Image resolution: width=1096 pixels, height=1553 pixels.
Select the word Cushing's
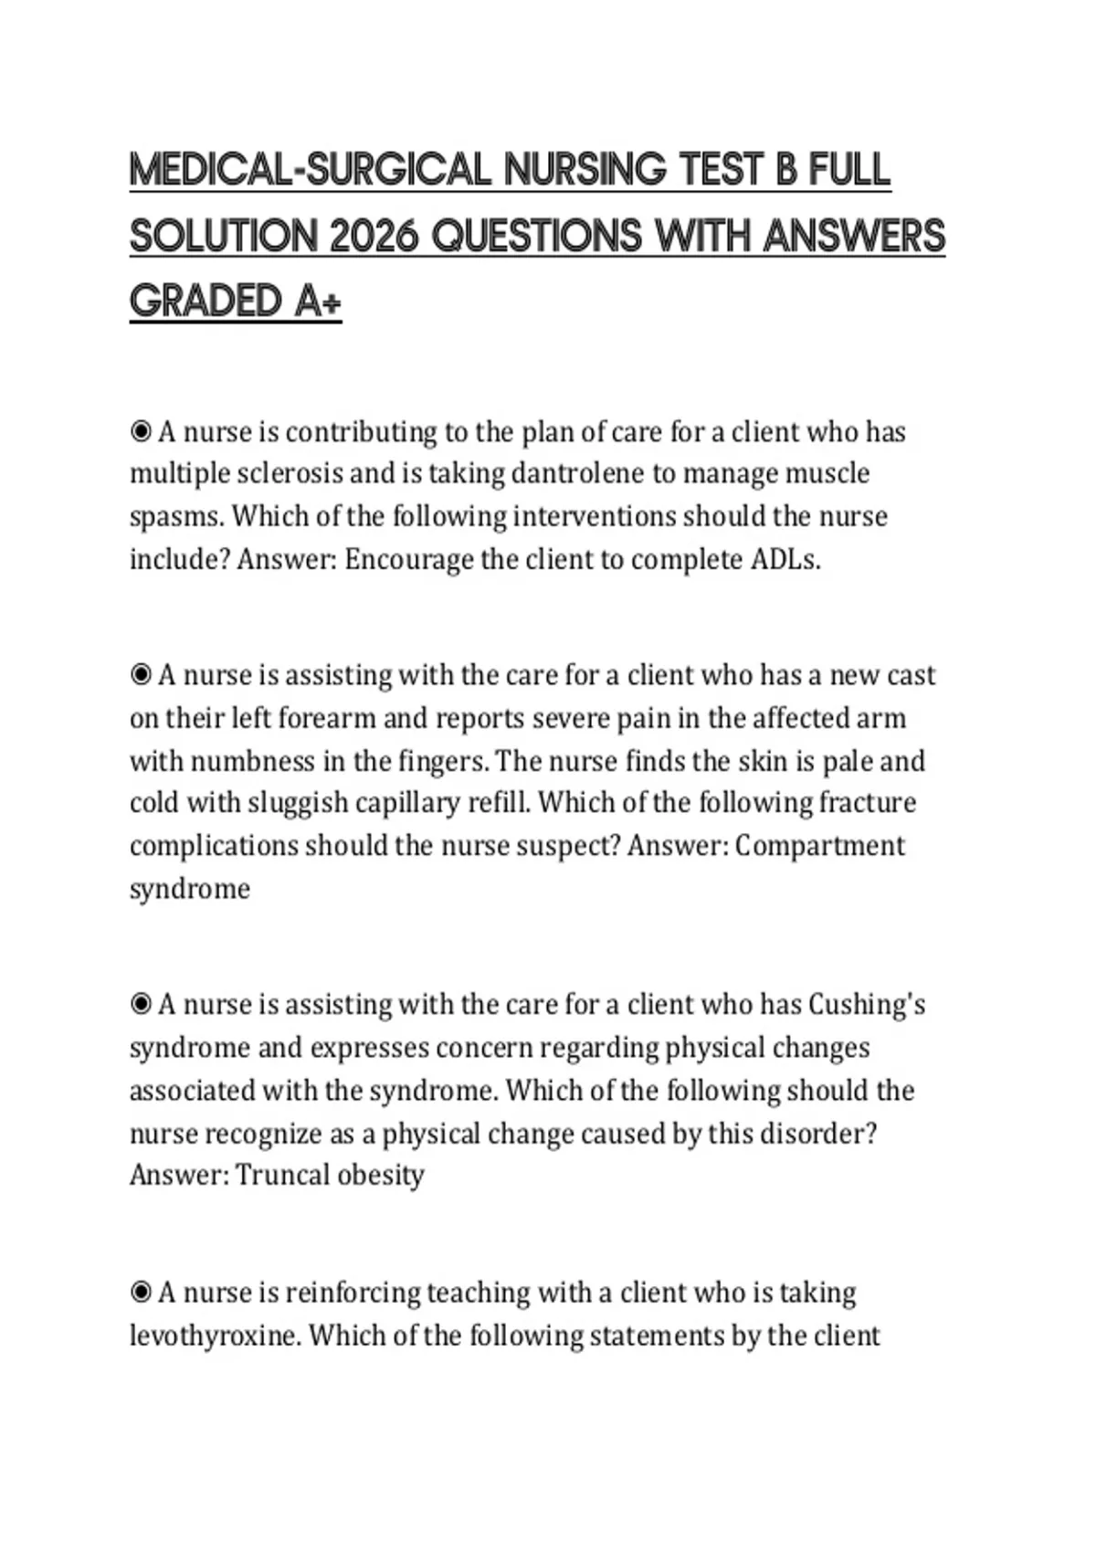click(867, 1005)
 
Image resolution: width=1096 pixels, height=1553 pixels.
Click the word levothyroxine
click(214, 1336)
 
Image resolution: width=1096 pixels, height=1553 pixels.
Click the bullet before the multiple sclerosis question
click(141, 431)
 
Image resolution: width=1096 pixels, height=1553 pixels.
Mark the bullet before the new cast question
click(141, 675)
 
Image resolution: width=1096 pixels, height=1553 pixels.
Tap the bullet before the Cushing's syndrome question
click(141, 1005)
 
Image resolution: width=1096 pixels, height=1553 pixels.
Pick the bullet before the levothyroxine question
click(141, 1293)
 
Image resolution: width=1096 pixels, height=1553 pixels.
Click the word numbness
click(253, 761)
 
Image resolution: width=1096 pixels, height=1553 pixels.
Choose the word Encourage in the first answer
click(408, 559)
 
